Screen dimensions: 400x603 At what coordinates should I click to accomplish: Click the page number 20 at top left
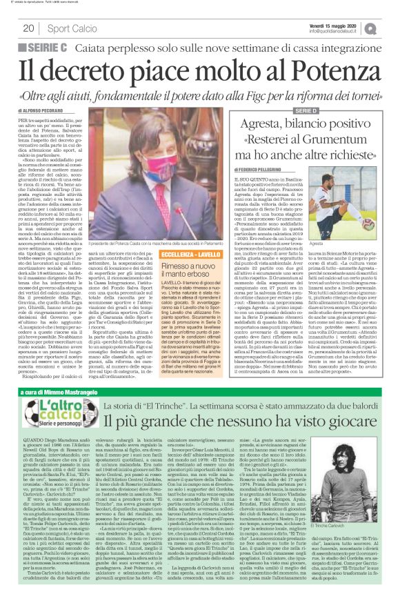29,28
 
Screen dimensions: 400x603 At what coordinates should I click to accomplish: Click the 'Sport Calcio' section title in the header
72,28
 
